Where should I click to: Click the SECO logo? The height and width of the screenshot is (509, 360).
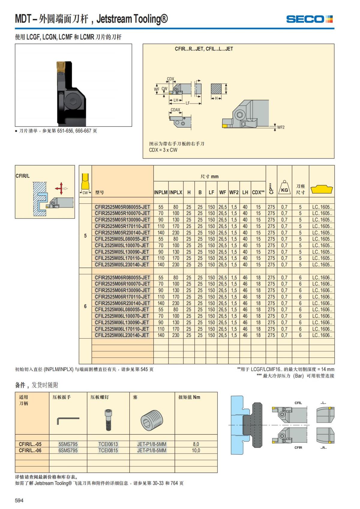(x=309, y=19)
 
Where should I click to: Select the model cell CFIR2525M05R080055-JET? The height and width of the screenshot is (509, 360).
(x=122, y=207)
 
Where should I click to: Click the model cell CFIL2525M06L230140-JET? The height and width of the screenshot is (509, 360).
(x=122, y=335)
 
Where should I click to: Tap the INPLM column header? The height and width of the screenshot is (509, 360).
(x=161, y=192)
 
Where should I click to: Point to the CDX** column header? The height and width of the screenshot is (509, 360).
(x=258, y=192)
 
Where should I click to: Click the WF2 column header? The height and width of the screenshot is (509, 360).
(x=234, y=192)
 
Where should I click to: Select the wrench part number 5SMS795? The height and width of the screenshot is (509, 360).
(x=68, y=444)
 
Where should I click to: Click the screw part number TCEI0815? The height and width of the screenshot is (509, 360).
(x=108, y=450)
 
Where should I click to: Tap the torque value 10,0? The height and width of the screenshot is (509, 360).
(x=196, y=450)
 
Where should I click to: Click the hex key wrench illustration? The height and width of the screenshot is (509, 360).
(x=68, y=420)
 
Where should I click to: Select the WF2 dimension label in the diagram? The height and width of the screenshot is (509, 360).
(x=281, y=127)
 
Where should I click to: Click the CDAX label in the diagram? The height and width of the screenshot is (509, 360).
(x=175, y=110)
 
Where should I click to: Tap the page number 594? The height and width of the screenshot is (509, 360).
(x=19, y=500)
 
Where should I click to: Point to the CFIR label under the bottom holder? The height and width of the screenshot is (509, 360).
(x=298, y=448)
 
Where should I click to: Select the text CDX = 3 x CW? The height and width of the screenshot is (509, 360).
(x=163, y=150)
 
